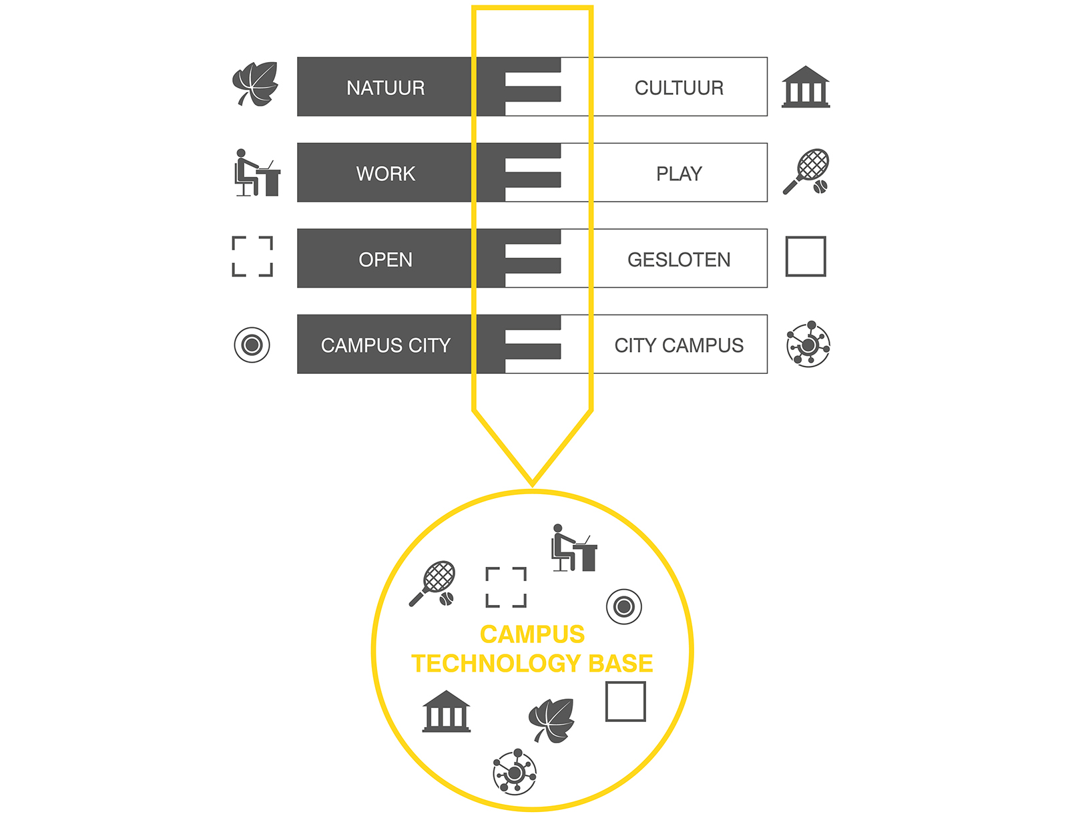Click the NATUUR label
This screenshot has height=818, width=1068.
[x=385, y=88]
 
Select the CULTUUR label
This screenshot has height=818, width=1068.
[x=679, y=88]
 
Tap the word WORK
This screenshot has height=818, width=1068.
[x=385, y=174]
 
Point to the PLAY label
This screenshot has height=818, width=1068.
[x=679, y=174]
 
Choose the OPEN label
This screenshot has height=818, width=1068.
[x=385, y=260]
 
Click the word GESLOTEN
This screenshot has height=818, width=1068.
[x=679, y=260]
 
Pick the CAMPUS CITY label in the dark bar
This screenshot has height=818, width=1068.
[x=385, y=345]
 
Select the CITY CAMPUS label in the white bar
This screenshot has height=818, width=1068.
[x=679, y=345]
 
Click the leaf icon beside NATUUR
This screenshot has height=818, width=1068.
[x=255, y=83]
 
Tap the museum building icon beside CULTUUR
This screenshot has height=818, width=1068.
[x=806, y=87]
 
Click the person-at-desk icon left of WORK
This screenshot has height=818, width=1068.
[x=257, y=172]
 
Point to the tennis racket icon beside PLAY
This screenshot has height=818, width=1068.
[x=806, y=172]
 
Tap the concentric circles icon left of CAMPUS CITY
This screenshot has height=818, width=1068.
[x=252, y=345]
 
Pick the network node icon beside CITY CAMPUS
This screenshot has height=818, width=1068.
[x=808, y=345]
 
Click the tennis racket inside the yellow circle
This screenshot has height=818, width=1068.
[x=433, y=584]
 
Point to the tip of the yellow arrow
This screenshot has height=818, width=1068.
[x=532, y=486]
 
